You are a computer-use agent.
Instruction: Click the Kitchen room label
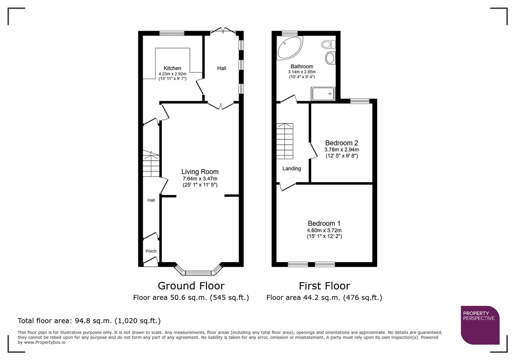click(x=172, y=68)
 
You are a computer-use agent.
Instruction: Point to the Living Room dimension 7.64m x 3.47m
click(x=200, y=179)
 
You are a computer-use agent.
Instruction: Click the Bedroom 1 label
click(x=324, y=223)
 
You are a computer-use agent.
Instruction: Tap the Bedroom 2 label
click(x=342, y=143)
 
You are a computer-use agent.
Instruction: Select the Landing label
click(x=292, y=169)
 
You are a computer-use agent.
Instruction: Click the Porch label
click(x=151, y=251)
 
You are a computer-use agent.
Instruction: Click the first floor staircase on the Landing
click(x=285, y=141)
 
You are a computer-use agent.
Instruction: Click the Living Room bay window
click(x=198, y=273)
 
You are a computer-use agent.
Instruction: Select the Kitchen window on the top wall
click(x=172, y=33)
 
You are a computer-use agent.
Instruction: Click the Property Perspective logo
click(x=480, y=325)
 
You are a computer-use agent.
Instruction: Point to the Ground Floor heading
click(x=191, y=286)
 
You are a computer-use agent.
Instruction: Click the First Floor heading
click(x=324, y=286)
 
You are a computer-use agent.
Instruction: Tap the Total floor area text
click(x=89, y=321)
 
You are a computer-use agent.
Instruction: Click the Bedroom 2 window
click(x=360, y=101)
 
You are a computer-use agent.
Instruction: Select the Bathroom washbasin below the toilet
click(x=330, y=58)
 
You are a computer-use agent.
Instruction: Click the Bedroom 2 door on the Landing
click(x=313, y=151)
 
